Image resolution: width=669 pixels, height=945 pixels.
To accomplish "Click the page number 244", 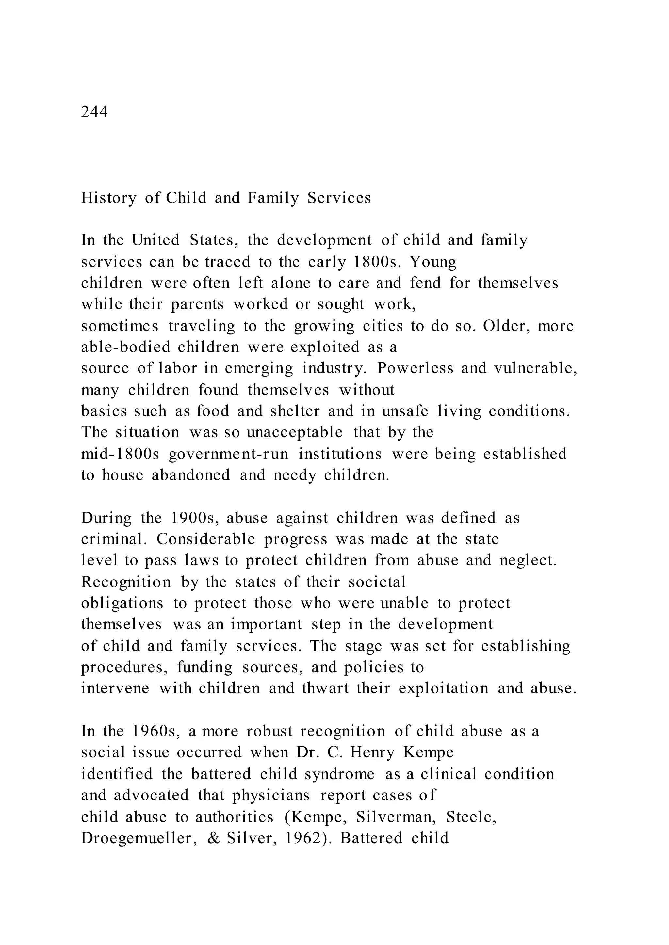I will point(94,112).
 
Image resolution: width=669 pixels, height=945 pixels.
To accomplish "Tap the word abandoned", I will point(191,475).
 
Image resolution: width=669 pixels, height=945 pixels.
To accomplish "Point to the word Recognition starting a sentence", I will point(126,582).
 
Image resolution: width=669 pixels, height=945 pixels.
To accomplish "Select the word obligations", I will point(122,604).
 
